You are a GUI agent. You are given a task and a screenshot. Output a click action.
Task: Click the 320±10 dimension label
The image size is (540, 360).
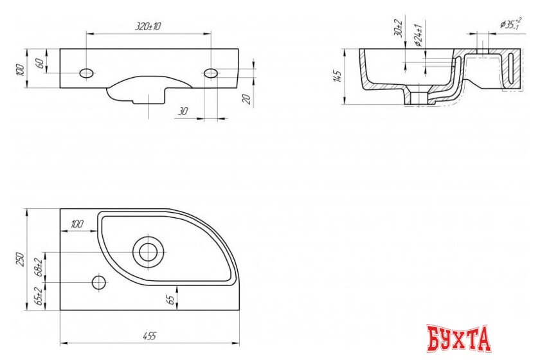click(x=148, y=26)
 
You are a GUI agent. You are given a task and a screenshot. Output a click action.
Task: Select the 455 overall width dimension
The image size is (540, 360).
click(x=149, y=336)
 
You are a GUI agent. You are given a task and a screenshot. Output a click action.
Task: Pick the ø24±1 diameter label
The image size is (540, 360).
click(x=418, y=34)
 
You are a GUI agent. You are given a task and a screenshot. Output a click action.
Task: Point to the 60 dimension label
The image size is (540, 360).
click(x=40, y=63)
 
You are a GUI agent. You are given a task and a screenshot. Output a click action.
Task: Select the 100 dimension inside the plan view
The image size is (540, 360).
click(x=76, y=224)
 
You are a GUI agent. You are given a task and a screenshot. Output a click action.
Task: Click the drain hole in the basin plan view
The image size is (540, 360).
click(x=148, y=251)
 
